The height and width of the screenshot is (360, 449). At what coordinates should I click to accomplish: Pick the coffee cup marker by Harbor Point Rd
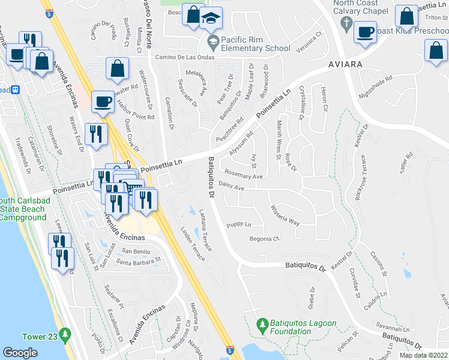coord(103,102)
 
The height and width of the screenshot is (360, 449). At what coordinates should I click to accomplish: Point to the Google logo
coord(20,352)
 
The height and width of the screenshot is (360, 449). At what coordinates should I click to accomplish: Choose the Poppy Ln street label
coord(238,225)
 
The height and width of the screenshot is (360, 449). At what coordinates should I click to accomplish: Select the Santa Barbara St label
coord(139,261)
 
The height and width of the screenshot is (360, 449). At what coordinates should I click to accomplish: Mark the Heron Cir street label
coord(324,100)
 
